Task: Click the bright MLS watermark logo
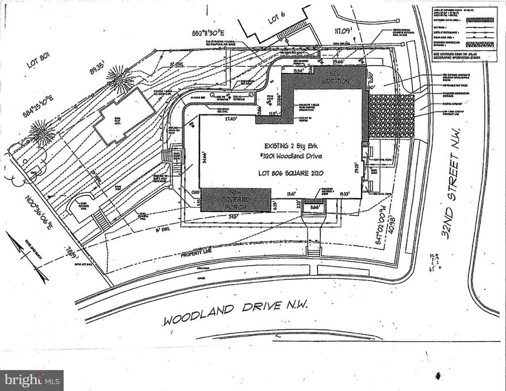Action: pos(32,379)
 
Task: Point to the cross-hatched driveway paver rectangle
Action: pos(390,116)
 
